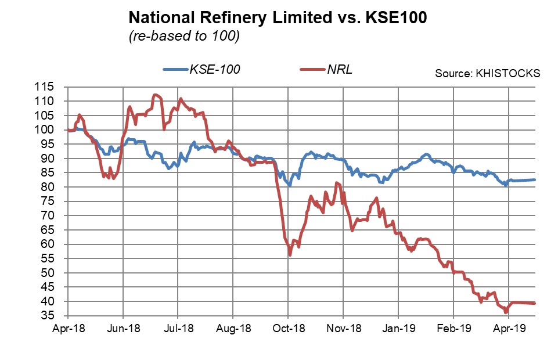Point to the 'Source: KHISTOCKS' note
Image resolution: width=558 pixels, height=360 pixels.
(488, 74)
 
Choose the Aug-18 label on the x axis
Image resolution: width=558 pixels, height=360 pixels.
(233, 329)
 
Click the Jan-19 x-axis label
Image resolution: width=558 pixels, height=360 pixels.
(398, 329)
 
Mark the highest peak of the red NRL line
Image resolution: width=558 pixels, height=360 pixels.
(154, 95)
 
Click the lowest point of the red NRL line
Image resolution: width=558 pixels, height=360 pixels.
(506, 312)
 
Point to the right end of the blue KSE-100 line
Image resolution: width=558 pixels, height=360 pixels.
(535, 180)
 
